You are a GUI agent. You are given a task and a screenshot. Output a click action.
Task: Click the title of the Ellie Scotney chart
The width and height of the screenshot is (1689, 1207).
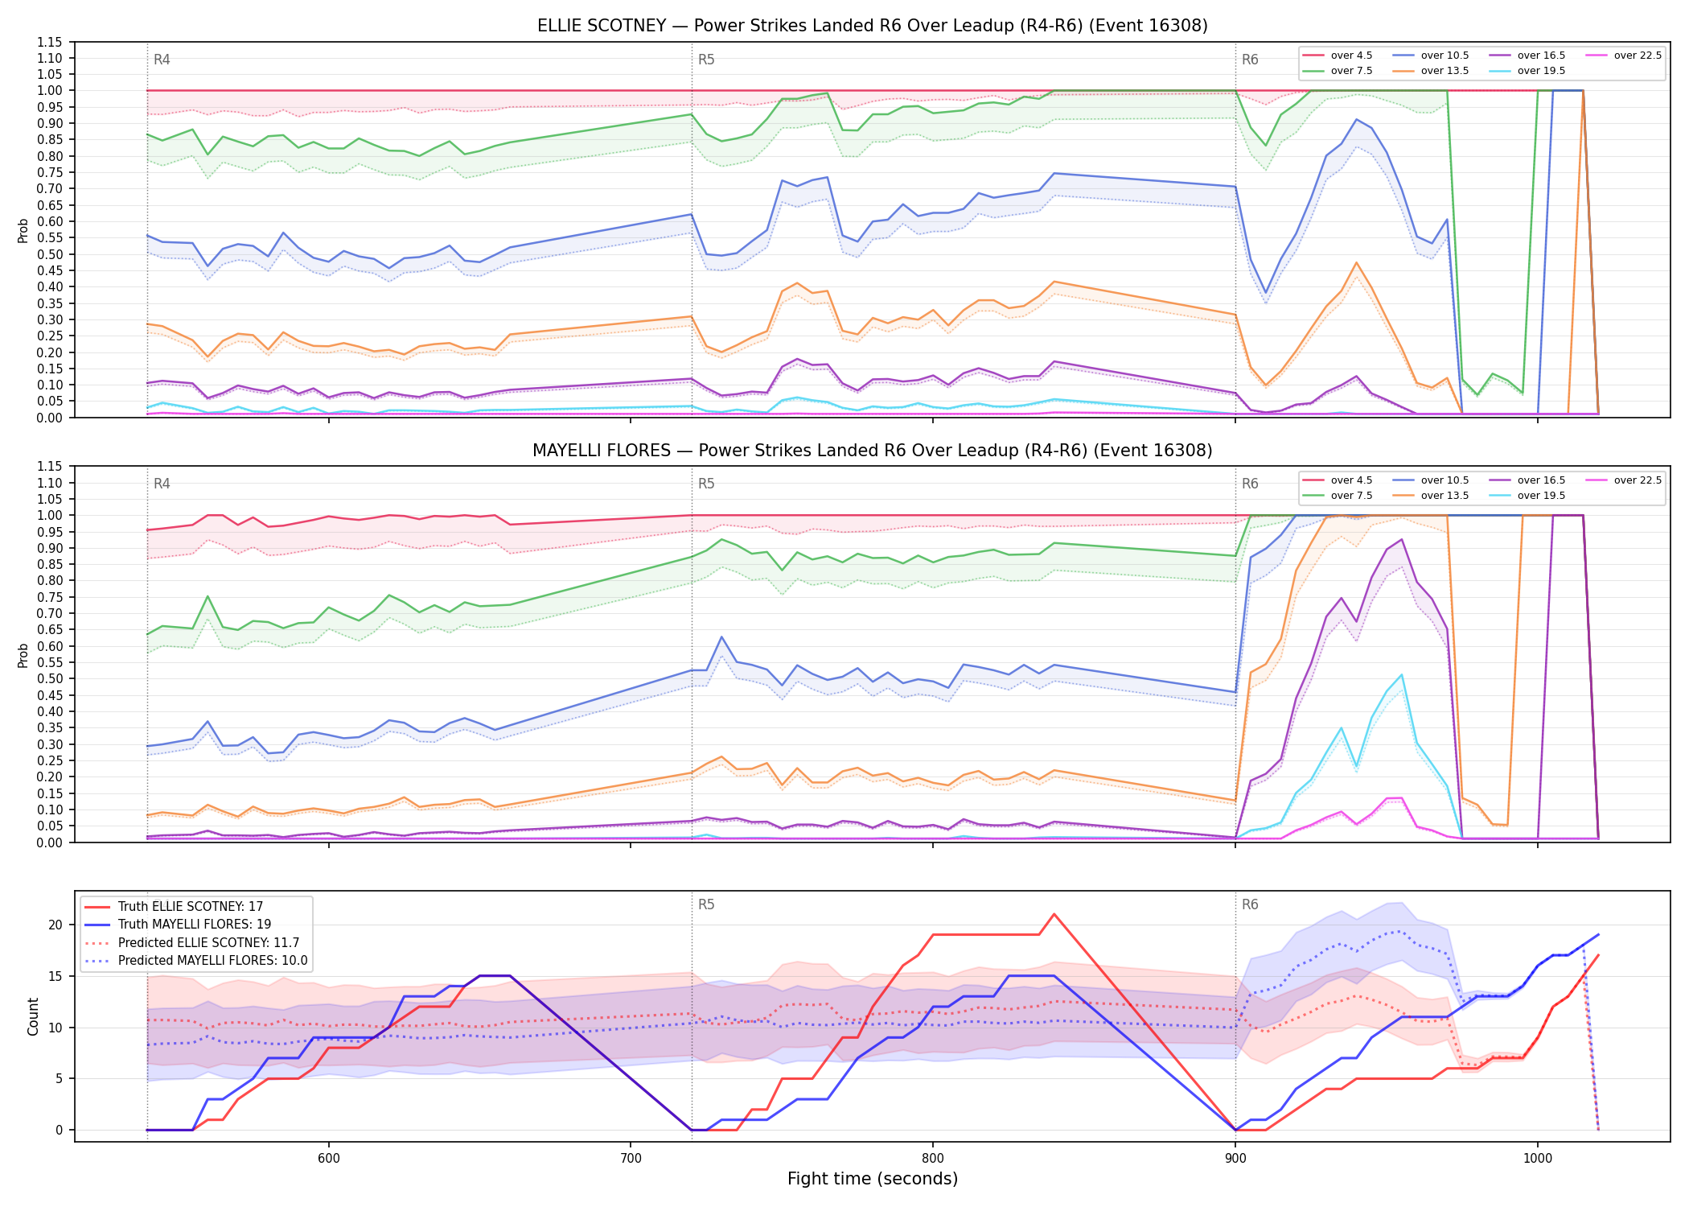pyautogui.click(x=873, y=26)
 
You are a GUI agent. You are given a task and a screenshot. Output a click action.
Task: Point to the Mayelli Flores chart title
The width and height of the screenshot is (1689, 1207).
pyautogui.click(x=873, y=451)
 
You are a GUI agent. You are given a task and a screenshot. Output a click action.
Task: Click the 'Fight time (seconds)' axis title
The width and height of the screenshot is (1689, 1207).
pyautogui.click(x=873, y=1179)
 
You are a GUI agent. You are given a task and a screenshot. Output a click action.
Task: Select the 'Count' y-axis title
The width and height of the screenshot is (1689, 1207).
pyautogui.click(x=33, y=1016)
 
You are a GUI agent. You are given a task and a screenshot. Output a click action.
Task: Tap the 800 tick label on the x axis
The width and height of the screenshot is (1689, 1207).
pyautogui.click(x=933, y=1158)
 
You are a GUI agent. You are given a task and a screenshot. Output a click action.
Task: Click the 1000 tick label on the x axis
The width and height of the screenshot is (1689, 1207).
pyautogui.click(x=1538, y=1158)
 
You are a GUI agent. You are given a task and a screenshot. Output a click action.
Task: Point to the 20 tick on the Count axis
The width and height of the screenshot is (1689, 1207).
pyautogui.click(x=55, y=925)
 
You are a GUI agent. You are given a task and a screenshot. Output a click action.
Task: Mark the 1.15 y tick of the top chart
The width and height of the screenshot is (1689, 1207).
pyautogui.click(x=50, y=42)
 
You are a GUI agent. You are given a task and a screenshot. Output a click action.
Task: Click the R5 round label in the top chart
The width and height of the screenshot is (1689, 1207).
pyautogui.click(x=706, y=60)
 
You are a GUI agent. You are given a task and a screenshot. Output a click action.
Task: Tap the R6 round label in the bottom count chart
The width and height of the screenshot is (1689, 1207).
pyautogui.click(x=1250, y=904)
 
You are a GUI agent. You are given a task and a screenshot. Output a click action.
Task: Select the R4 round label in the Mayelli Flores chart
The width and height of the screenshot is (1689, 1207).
pyautogui.click(x=162, y=484)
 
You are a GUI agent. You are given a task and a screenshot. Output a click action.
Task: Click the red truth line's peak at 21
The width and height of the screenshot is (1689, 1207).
pyautogui.click(x=1054, y=914)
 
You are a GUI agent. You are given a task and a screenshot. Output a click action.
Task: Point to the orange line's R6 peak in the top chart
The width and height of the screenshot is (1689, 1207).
pyautogui.click(x=1356, y=262)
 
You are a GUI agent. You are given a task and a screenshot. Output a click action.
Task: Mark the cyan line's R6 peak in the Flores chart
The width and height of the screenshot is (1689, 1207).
pyautogui.click(x=1402, y=675)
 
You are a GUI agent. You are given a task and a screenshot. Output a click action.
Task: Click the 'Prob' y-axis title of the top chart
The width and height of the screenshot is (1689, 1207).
pyautogui.click(x=23, y=230)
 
